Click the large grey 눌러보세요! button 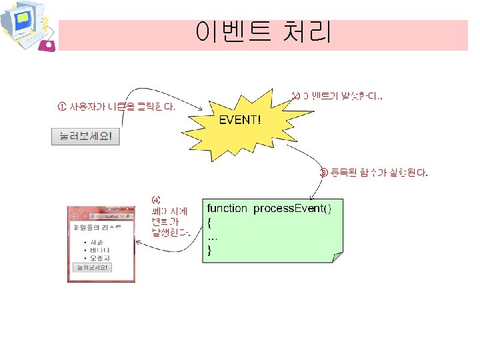[x=86, y=137]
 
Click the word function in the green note [x=227, y=209]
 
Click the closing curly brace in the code [x=210, y=251]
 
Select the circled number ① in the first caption [x=61, y=107]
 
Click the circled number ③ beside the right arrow [x=325, y=173]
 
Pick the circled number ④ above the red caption [x=156, y=199]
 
